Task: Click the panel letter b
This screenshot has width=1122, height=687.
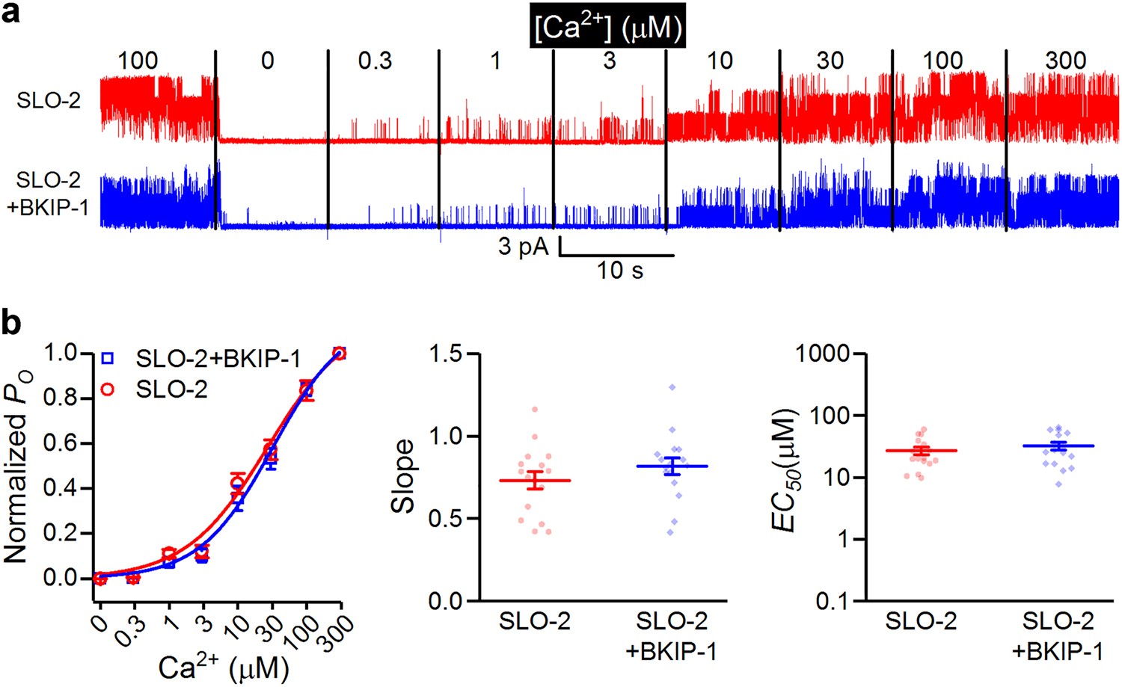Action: (12, 323)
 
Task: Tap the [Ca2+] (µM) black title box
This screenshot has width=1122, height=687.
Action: (607, 28)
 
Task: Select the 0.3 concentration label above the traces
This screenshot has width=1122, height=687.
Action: (375, 61)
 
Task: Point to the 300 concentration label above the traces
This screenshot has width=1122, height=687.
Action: (1065, 61)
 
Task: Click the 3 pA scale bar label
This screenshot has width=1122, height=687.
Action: (524, 246)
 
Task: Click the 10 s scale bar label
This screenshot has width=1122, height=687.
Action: (619, 270)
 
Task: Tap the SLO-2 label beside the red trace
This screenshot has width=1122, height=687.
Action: (49, 100)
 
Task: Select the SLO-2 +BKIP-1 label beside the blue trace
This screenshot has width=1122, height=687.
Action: (48, 194)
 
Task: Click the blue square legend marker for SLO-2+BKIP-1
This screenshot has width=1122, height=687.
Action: (108, 358)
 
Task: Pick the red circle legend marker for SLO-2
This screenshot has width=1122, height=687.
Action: (108, 389)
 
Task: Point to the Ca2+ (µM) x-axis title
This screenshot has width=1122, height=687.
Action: (223, 668)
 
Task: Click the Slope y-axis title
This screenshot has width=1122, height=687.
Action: (403, 476)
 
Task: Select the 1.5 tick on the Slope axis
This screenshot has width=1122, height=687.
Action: (447, 354)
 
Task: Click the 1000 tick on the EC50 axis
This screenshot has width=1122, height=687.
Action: (824, 354)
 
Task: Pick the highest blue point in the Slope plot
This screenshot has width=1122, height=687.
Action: (672, 387)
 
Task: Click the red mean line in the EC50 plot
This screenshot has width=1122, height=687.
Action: (921, 451)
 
